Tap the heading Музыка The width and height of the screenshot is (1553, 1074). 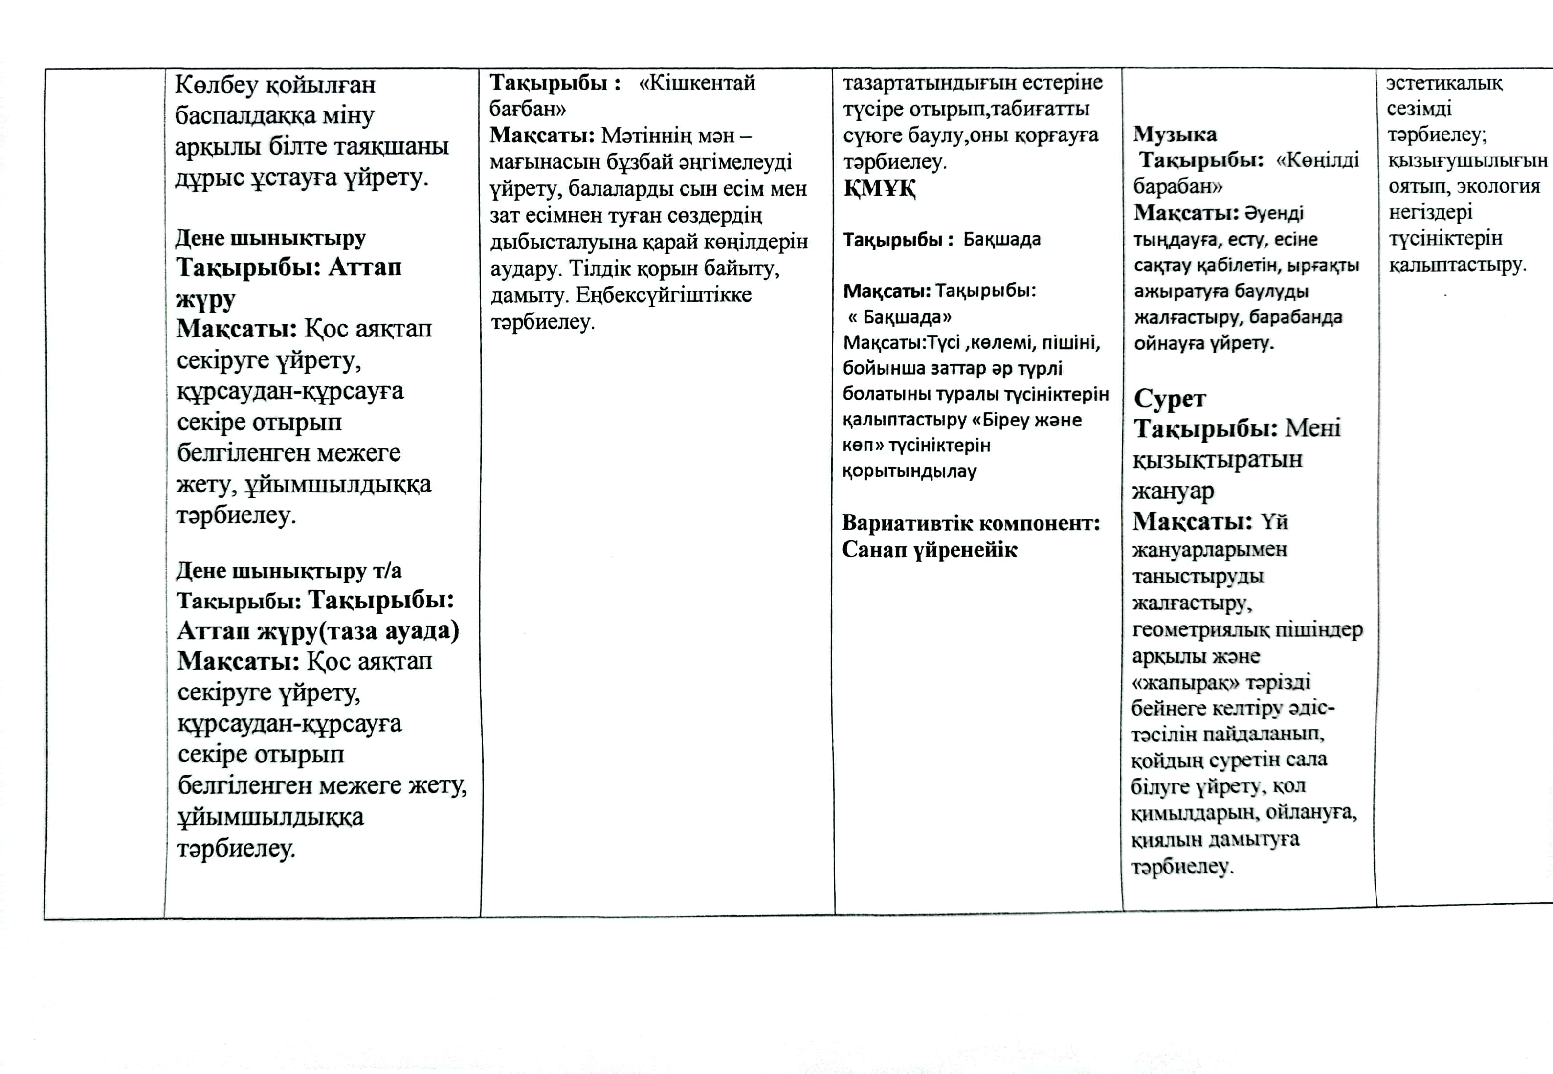pyautogui.click(x=1175, y=134)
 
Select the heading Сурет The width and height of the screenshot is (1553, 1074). pyautogui.click(x=1170, y=399)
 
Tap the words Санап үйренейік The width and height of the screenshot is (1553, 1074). pyautogui.click(x=929, y=550)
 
